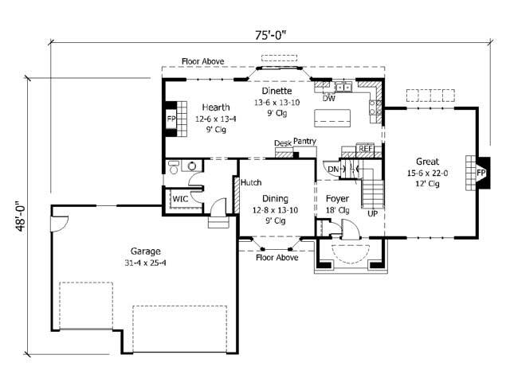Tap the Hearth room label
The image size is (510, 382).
(215, 107)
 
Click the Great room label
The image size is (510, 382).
(427, 162)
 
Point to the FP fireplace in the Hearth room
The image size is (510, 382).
(171, 119)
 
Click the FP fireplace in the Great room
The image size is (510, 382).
(481, 172)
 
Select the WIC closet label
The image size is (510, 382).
(180, 198)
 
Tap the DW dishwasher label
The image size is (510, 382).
(328, 99)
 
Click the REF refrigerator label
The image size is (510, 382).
(365, 148)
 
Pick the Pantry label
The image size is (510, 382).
(304, 142)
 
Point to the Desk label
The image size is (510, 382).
(282, 143)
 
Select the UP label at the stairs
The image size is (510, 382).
(371, 214)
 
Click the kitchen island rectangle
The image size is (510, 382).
(333, 119)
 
